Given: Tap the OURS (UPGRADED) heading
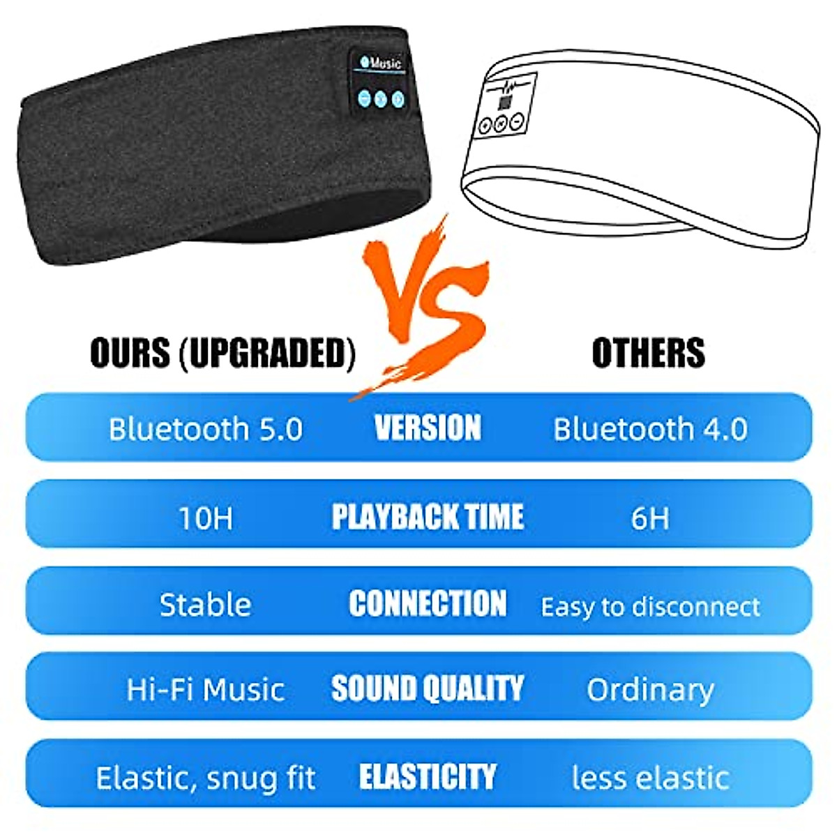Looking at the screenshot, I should click(223, 353).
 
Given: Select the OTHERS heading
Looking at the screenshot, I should click(648, 353).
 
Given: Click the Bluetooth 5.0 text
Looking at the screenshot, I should click(206, 429).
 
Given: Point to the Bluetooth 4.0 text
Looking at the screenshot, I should click(650, 429).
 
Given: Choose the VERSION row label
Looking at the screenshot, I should click(428, 428).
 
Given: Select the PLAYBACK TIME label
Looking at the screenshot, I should click(428, 517).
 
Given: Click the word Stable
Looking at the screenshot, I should click(205, 605).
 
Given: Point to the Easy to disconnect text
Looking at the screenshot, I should click(650, 607).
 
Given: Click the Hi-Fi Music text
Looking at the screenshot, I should click(205, 690).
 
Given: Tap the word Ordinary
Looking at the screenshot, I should click(650, 690).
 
